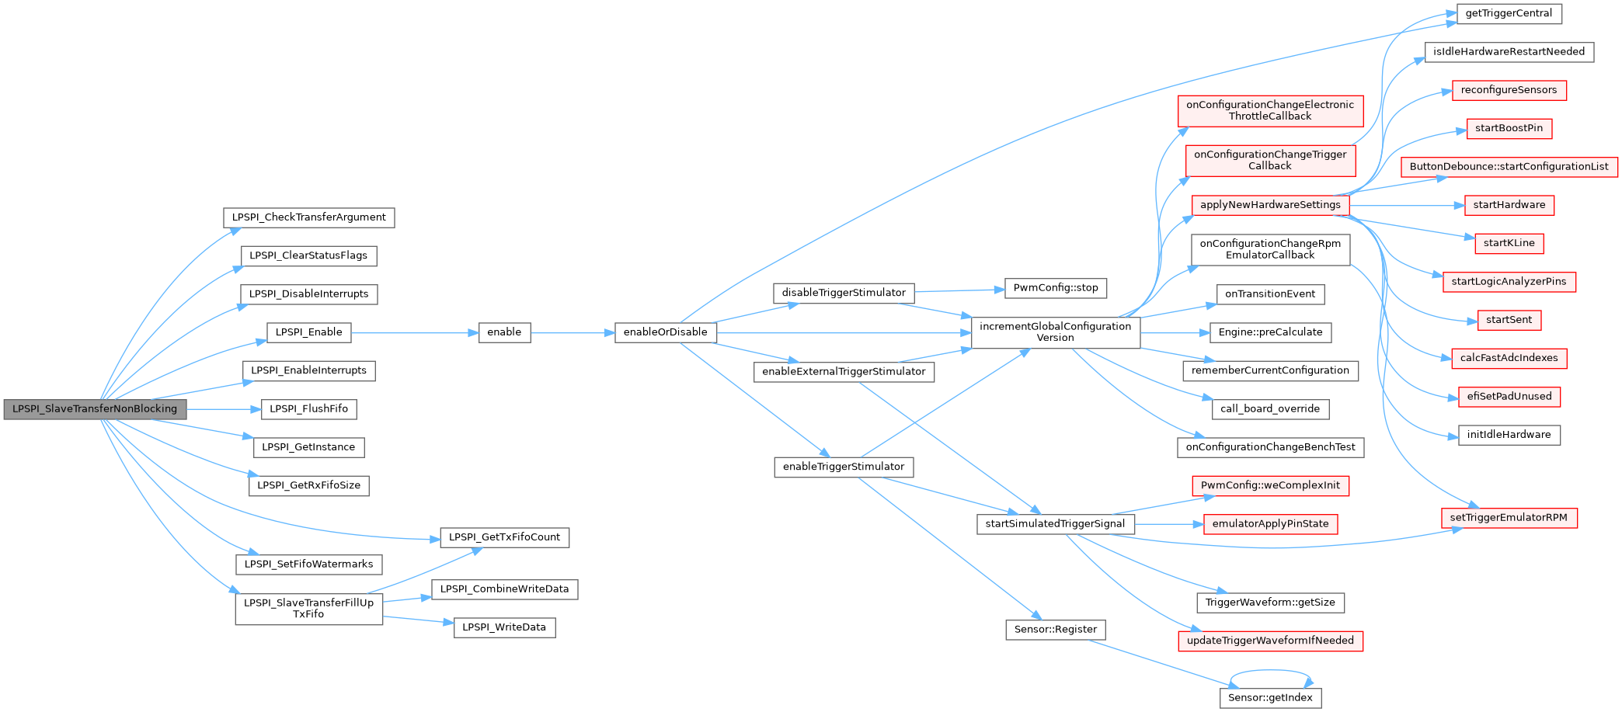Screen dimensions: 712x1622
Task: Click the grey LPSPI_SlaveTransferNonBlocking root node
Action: click(x=95, y=409)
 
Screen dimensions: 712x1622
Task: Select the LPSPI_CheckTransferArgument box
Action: click(x=308, y=217)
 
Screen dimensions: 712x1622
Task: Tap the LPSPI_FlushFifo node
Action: click(x=308, y=409)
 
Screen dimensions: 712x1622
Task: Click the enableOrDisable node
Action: click(x=665, y=332)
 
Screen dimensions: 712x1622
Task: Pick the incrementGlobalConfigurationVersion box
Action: click(x=1055, y=332)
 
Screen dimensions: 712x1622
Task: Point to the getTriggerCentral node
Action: click(x=1509, y=14)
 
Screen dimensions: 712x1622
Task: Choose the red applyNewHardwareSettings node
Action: click(x=1270, y=205)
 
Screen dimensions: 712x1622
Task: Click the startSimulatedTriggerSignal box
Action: click(x=1055, y=524)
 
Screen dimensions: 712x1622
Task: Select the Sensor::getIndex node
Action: click(x=1270, y=698)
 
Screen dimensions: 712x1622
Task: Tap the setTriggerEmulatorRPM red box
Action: click(x=1509, y=518)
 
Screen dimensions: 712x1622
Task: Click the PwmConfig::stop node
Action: click(x=1055, y=288)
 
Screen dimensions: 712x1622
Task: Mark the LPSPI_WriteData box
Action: click(x=504, y=627)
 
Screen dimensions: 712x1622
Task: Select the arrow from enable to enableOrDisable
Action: click(x=573, y=333)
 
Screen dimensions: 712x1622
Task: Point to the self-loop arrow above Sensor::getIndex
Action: click(x=1270, y=671)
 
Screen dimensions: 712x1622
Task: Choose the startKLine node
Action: click(x=1509, y=243)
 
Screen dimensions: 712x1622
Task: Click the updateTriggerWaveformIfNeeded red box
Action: click(x=1270, y=641)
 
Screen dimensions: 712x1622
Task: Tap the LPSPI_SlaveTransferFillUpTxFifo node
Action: click(x=308, y=609)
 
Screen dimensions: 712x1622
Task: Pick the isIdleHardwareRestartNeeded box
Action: click(x=1509, y=52)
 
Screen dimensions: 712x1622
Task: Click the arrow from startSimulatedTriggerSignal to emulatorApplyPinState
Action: click(x=1168, y=525)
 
